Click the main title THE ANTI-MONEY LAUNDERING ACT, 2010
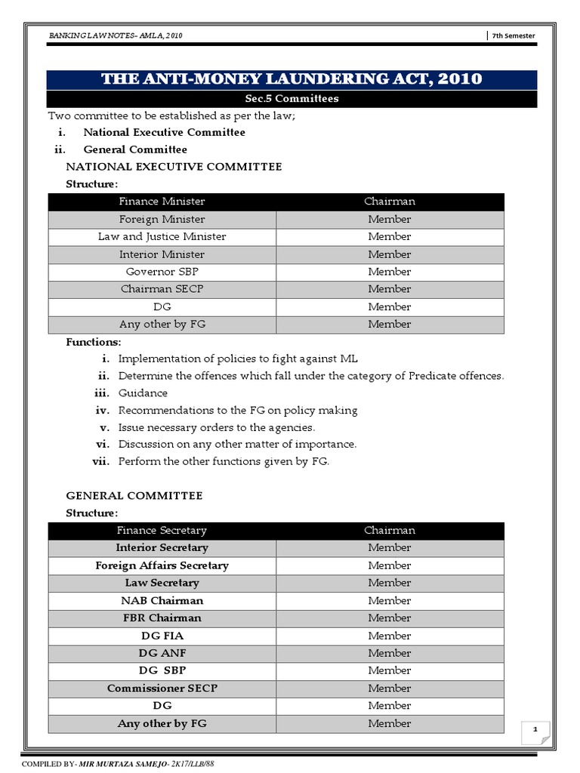pos(292,79)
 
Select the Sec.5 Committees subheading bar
pos(292,99)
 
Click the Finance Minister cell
pos(162,202)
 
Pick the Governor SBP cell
pos(162,272)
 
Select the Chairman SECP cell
pos(162,289)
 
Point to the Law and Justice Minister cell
pos(162,236)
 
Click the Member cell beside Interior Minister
pos(389,254)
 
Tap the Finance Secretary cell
pos(162,531)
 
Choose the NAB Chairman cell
pos(162,601)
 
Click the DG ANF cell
pos(162,653)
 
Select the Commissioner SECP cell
pos(162,688)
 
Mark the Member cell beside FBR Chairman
pos(389,618)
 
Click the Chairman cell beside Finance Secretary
pos(389,531)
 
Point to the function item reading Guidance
pos(143,393)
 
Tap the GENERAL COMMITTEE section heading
pos(134,496)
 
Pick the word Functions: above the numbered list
pos(94,342)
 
